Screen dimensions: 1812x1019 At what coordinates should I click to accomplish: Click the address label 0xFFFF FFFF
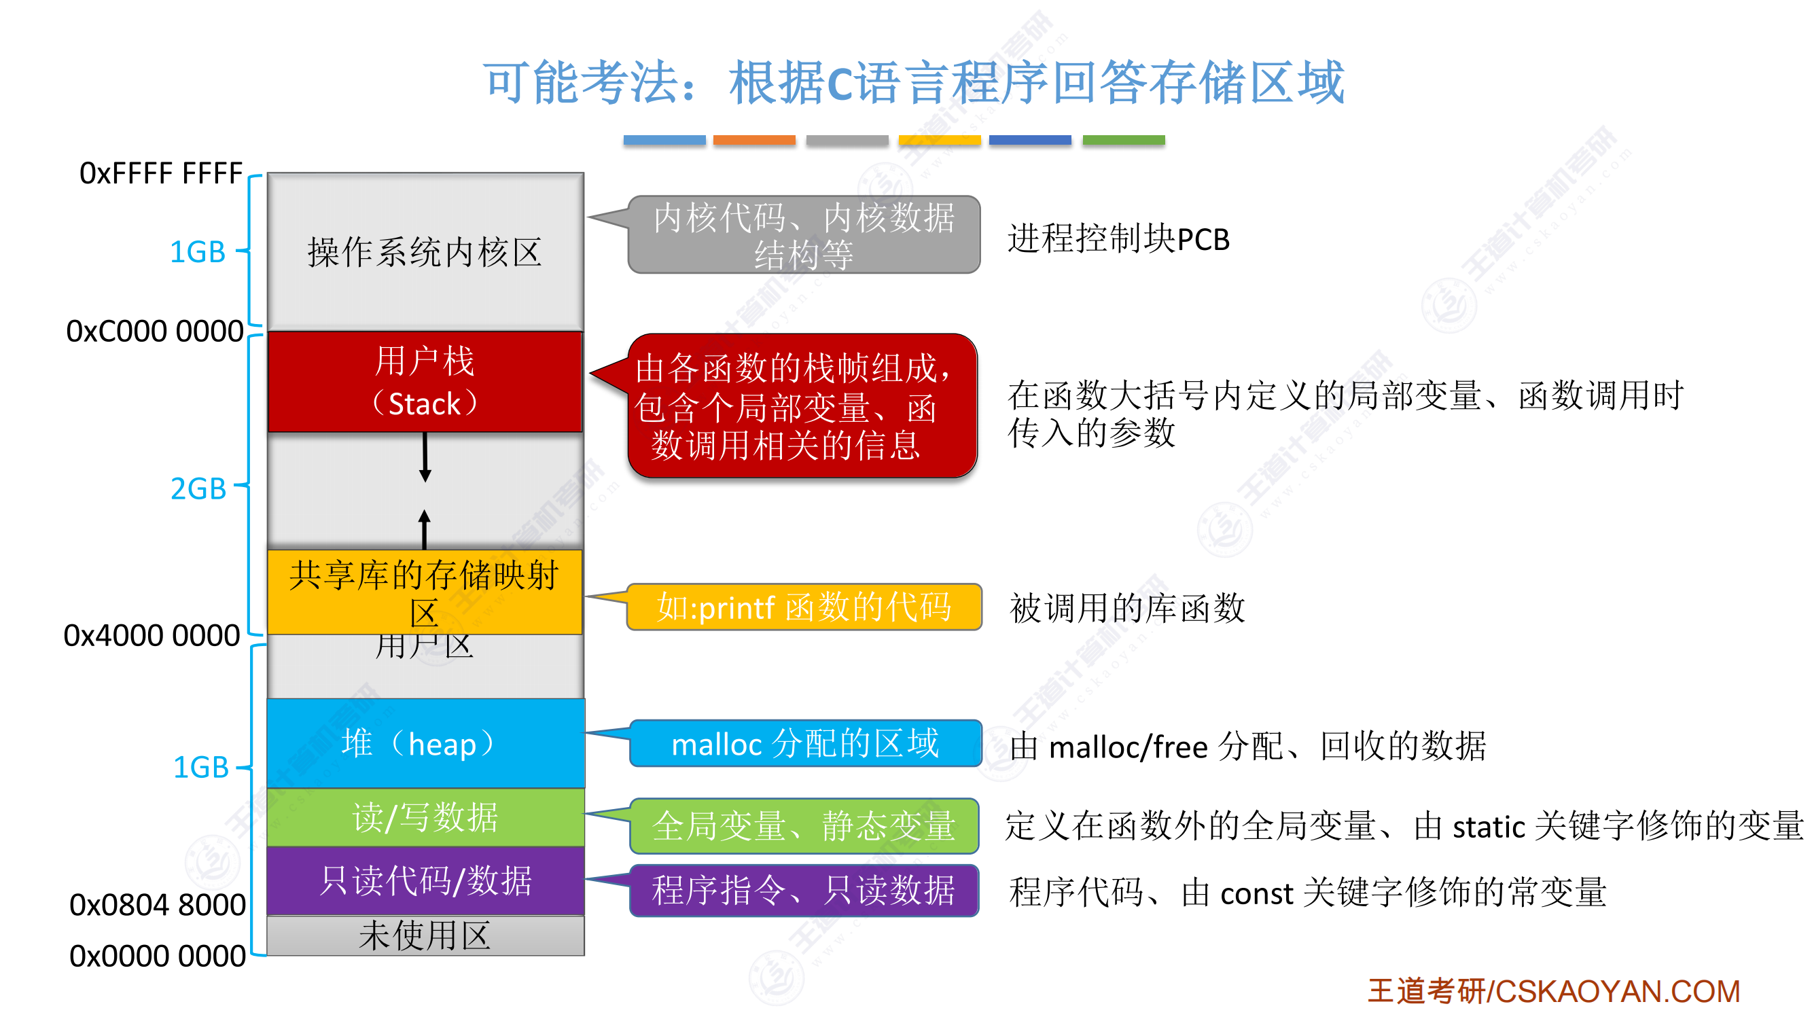click(x=161, y=173)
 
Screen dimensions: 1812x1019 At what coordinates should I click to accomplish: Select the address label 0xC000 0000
click(x=155, y=332)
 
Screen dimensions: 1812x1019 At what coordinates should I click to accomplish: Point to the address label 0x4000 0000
click(x=152, y=635)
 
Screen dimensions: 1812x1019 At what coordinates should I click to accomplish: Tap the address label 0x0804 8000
click(x=158, y=904)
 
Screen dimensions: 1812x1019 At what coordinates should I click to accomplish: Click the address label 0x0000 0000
click(x=158, y=956)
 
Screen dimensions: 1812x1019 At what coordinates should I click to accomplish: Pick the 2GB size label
click(x=198, y=488)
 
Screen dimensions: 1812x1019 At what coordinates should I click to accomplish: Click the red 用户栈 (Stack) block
click(x=425, y=382)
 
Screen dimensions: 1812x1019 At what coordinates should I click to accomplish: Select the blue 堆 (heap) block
click(x=425, y=743)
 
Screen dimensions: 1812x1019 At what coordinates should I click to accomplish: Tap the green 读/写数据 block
click(x=425, y=817)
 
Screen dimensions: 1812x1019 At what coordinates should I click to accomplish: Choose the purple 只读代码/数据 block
click(x=425, y=880)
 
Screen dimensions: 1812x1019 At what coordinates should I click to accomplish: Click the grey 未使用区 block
click(x=425, y=935)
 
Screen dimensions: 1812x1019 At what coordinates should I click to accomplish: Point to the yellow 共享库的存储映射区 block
click(x=425, y=592)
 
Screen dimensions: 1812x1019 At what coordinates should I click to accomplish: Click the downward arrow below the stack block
click(x=425, y=457)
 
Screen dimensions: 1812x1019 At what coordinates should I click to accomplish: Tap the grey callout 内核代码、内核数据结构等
click(x=803, y=234)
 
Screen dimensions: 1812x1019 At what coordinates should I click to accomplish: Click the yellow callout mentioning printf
click(x=803, y=607)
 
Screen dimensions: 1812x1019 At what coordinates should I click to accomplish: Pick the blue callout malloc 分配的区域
click(x=804, y=743)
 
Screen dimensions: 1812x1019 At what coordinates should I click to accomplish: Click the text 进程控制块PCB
click(x=1118, y=239)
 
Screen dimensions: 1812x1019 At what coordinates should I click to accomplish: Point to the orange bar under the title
click(x=754, y=140)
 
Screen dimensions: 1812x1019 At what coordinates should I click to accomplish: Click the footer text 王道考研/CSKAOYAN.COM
click(x=1553, y=991)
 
